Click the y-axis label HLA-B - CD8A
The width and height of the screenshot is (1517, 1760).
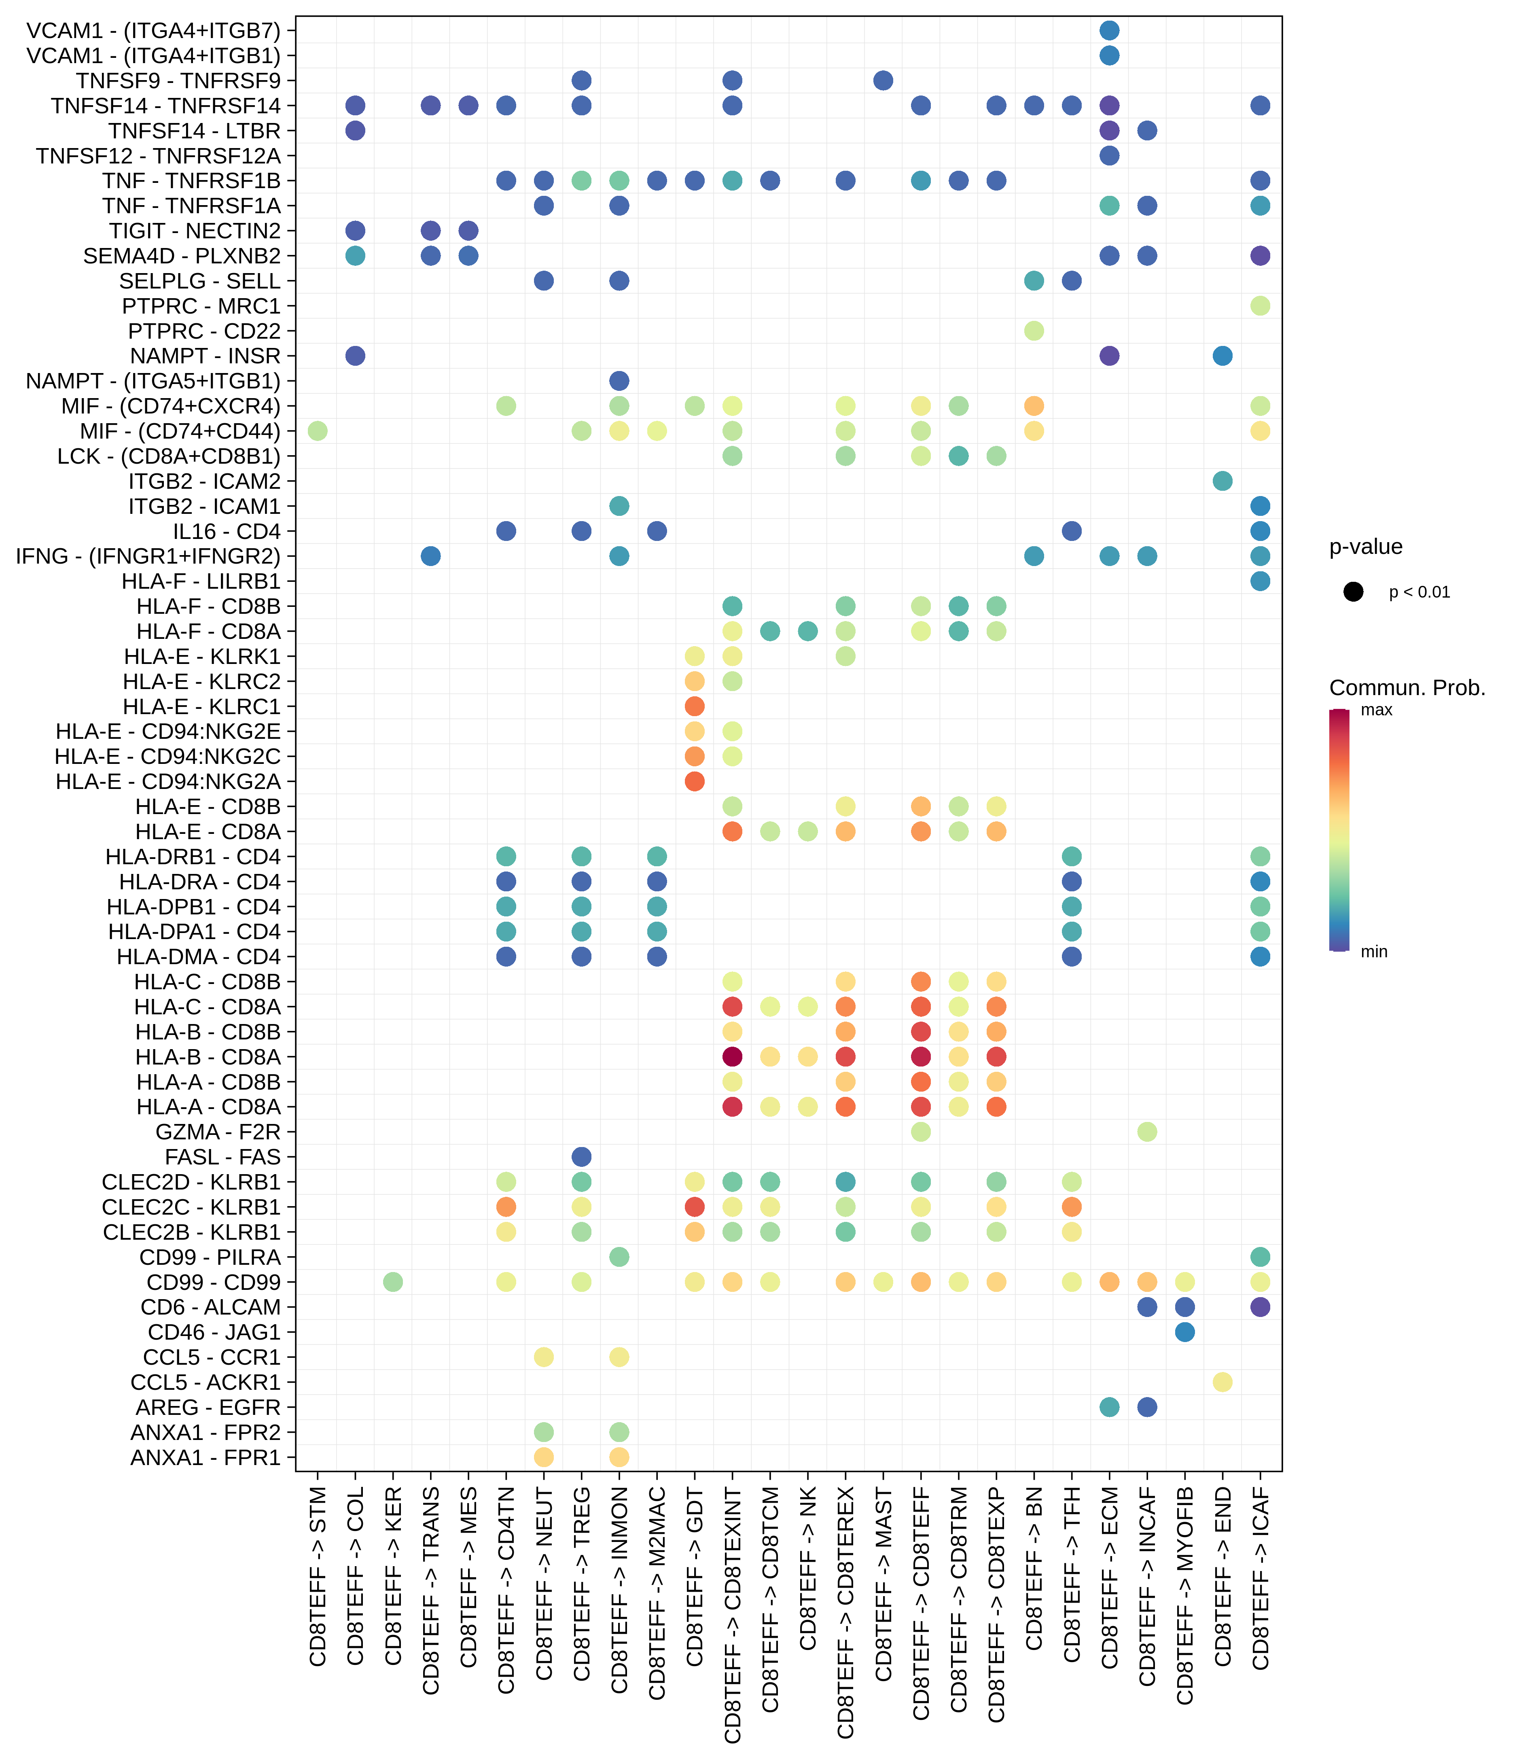tap(208, 1057)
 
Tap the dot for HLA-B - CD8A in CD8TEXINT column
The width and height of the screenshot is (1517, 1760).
tap(732, 1057)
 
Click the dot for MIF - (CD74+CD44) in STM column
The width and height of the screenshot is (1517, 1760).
tap(318, 430)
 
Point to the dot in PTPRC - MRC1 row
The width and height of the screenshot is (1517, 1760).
tap(1261, 306)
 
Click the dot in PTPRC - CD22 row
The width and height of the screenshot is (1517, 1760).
tap(1034, 331)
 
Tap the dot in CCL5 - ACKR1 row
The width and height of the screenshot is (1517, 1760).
tap(1222, 1382)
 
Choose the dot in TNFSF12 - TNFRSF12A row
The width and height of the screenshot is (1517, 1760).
tap(1109, 155)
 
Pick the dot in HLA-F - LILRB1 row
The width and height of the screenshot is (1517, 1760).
tap(1261, 581)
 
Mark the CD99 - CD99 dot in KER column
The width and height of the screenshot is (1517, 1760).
tap(392, 1282)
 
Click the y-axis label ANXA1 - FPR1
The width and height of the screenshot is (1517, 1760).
tap(206, 1458)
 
